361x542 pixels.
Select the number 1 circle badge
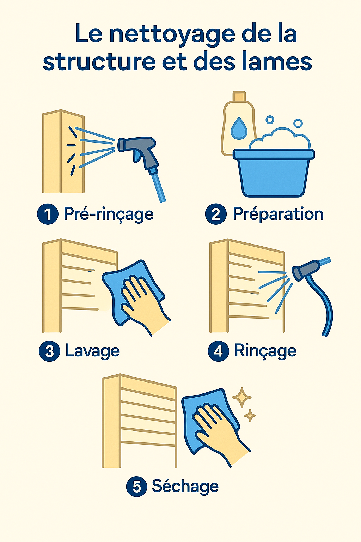tap(48, 214)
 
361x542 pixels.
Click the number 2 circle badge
tap(216, 214)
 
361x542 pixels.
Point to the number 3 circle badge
tap(49, 351)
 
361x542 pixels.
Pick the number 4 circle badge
tap(218, 351)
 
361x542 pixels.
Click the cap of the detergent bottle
tap(239, 96)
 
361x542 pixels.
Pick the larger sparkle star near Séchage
tap(241, 397)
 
